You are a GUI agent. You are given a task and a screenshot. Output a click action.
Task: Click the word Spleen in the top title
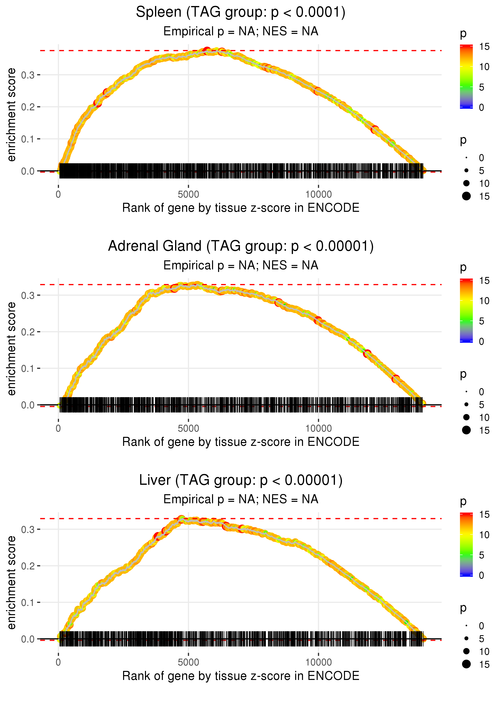coord(159,12)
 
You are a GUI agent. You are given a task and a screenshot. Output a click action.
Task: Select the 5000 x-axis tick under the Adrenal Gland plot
coord(188,428)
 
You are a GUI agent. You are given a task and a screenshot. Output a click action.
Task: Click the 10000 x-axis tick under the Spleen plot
coord(318,195)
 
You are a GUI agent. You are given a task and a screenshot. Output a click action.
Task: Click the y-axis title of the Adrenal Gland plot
coord(11,349)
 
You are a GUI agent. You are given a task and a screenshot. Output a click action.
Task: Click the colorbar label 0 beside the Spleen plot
coord(481,108)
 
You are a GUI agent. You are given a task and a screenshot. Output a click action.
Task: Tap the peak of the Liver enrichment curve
coord(182,519)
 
